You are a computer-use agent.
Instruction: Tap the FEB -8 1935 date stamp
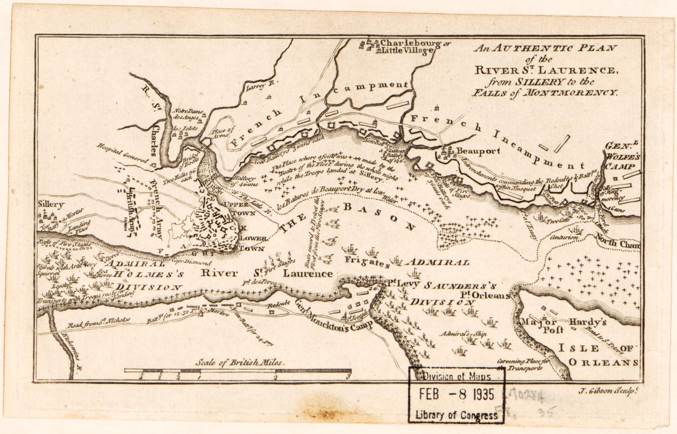[457, 395]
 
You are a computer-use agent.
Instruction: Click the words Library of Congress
[457, 415]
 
